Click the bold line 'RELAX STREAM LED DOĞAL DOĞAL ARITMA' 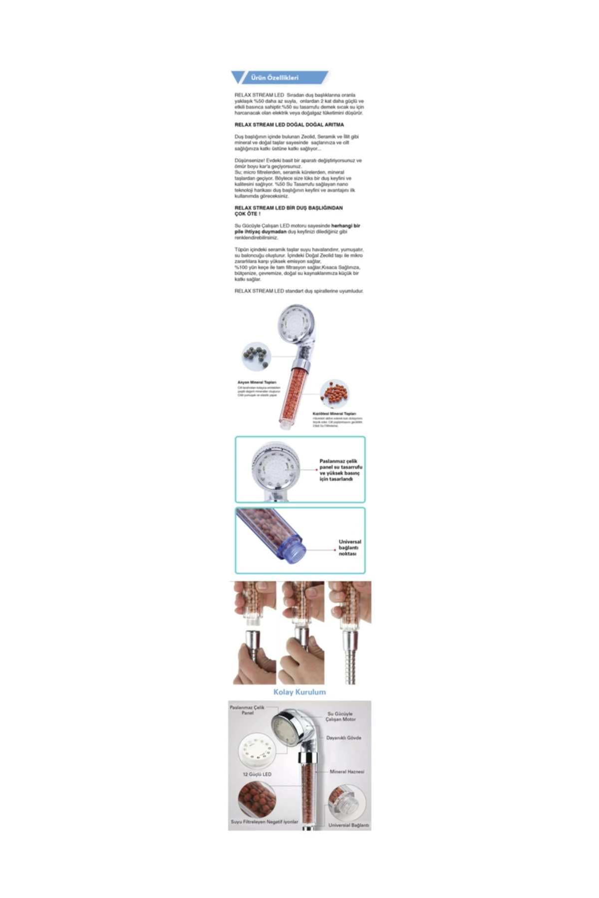(x=289, y=125)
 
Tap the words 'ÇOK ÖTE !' (x=248, y=214)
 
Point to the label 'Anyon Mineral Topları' (x=257, y=382)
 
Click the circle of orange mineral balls (x=334, y=395)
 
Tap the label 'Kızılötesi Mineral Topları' (x=334, y=414)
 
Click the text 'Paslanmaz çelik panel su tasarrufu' (x=340, y=464)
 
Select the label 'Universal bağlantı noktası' (x=349, y=548)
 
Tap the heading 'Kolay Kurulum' (x=299, y=692)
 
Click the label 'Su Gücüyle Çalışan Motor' (x=340, y=716)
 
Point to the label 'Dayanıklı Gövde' (x=343, y=737)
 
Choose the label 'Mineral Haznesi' (x=346, y=771)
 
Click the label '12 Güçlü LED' (x=257, y=774)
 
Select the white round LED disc (x=258, y=753)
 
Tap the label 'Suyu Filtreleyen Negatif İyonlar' (x=265, y=822)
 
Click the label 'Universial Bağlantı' (x=348, y=825)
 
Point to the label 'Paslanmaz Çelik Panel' (x=247, y=710)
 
